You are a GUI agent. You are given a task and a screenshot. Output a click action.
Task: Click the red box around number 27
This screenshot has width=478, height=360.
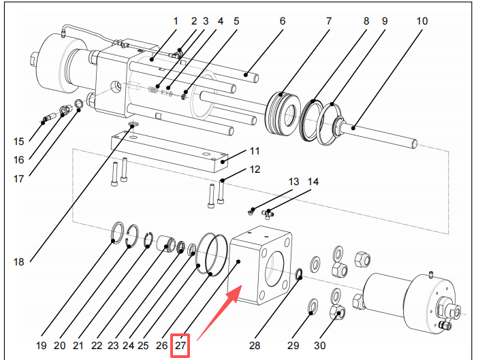pos(180,346)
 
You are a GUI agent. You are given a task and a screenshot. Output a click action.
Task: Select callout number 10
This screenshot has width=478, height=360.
pos(422,21)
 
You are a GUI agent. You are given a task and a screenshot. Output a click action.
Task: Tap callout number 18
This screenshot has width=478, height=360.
pos(18,261)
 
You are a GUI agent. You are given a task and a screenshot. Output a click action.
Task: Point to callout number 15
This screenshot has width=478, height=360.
pos(18,142)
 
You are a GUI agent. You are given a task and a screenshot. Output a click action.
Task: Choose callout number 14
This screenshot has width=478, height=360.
pos(313,182)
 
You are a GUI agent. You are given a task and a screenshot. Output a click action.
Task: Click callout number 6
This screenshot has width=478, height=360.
pos(283,21)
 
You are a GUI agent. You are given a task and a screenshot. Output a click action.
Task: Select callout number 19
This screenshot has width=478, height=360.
pos(41,346)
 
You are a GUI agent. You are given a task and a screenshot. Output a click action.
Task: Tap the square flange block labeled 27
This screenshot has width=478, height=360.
pos(261,267)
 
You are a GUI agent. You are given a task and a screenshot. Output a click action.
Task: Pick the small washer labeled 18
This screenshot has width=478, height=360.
pos(132,125)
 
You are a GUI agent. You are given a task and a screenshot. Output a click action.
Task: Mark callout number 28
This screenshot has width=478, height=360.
pos(254,346)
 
